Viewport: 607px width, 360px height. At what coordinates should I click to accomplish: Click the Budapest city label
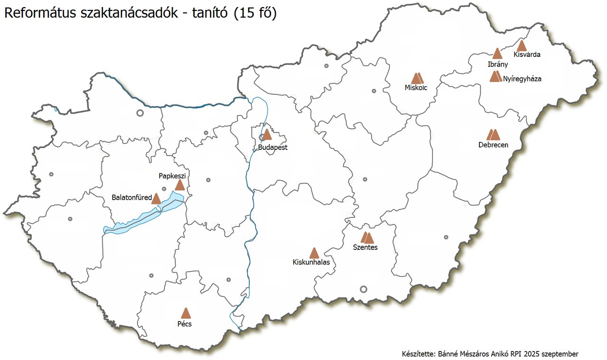point(273,148)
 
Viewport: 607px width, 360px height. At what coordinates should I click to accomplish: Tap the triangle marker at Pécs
point(185,313)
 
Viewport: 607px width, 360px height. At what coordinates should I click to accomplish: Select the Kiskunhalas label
point(311,262)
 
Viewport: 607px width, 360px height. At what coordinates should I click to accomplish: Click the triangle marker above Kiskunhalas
point(313,253)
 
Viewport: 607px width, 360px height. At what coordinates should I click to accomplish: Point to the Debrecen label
point(493,145)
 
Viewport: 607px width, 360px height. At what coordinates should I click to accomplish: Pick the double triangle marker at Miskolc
point(417,78)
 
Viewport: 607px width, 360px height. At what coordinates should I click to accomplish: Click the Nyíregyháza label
point(522,79)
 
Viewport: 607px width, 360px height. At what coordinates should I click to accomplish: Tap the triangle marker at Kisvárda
point(521,46)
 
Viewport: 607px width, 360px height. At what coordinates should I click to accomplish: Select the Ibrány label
point(498,64)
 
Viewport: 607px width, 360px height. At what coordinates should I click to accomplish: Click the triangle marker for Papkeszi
point(180,185)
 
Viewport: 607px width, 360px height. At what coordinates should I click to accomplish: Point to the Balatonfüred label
point(132,197)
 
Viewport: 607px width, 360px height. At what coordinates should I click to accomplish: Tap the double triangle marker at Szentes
point(367,238)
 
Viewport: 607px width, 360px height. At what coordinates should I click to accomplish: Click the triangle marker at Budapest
point(267,135)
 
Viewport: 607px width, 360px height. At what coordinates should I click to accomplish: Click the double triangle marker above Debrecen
point(493,135)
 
